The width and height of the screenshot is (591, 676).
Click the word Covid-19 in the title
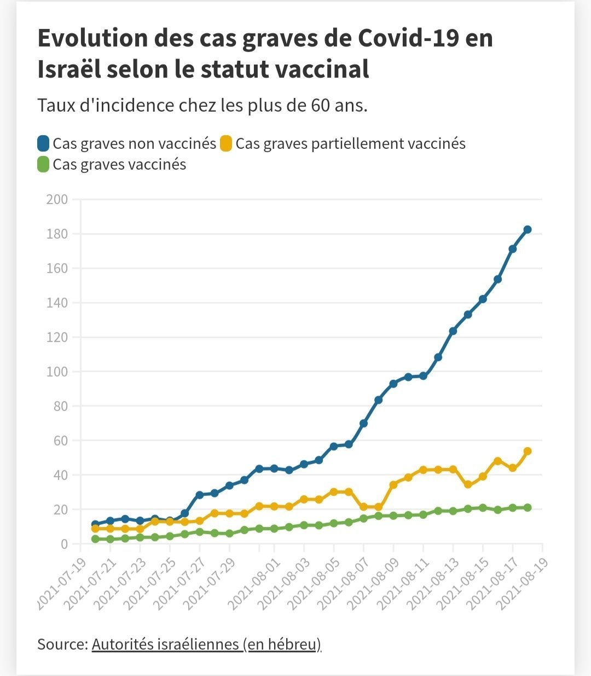(x=409, y=38)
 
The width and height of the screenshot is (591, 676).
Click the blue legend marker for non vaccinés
(x=43, y=143)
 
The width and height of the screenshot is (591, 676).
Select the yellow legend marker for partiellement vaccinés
(x=226, y=143)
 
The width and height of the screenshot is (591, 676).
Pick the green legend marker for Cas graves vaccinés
(x=43, y=164)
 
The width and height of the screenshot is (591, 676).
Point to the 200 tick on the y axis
(x=57, y=200)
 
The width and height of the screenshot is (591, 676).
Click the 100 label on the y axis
(x=57, y=372)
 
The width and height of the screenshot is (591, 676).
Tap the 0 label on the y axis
(x=64, y=544)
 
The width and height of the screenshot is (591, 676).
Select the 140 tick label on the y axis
(x=57, y=303)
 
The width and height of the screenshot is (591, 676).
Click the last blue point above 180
(x=528, y=229)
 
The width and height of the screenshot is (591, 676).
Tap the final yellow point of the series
(x=528, y=451)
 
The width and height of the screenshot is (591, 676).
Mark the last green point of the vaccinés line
(x=528, y=507)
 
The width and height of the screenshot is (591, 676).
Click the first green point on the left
(x=95, y=539)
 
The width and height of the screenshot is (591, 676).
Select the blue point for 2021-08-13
(x=453, y=331)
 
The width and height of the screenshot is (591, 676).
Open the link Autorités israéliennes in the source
(x=165, y=644)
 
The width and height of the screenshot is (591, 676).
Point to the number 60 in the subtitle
(x=320, y=106)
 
